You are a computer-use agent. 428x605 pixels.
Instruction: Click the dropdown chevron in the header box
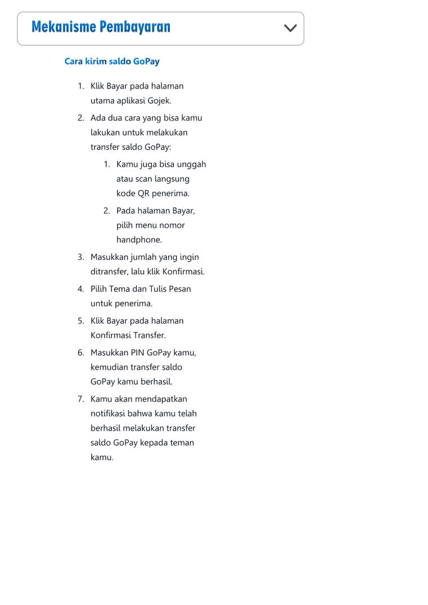(290, 28)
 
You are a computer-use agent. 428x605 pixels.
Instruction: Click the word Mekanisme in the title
(63, 26)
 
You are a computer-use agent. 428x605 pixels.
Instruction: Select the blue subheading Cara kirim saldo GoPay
(112, 61)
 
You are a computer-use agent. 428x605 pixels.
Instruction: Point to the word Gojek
(159, 101)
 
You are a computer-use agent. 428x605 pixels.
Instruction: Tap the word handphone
(139, 240)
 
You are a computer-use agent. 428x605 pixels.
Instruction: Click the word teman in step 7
(182, 443)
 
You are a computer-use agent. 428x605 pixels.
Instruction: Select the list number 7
(80, 399)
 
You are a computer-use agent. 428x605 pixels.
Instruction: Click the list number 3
(80, 257)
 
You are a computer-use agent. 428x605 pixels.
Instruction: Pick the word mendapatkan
(161, 399)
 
